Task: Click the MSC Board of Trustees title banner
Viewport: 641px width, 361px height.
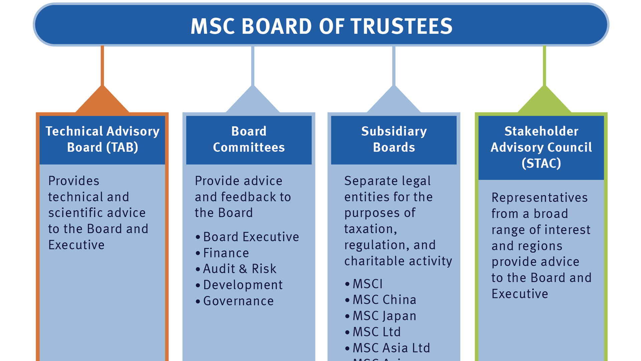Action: (321, 25)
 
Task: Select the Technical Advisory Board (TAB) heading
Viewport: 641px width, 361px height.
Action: (102, 139)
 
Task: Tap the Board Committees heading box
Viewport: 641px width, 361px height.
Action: (249, 139)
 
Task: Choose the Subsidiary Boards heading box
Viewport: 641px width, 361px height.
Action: (394, 139)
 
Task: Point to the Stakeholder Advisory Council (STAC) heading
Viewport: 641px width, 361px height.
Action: (541, 147)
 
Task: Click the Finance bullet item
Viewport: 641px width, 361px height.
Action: (226, 253)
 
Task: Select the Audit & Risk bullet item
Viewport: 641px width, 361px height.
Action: (240, 269)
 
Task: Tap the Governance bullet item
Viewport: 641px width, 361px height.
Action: (238, 301)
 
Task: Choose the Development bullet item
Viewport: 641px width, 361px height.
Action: (243, 285)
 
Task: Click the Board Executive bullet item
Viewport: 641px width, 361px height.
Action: (251, 237)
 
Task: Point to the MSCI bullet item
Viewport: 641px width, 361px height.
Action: (368, 284)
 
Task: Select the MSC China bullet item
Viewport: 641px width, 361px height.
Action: (384, 300)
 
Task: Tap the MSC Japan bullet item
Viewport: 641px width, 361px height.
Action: (384, 316)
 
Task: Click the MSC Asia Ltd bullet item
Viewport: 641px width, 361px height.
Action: (391, 348)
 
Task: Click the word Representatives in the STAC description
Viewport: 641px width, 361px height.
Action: (540, 198)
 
